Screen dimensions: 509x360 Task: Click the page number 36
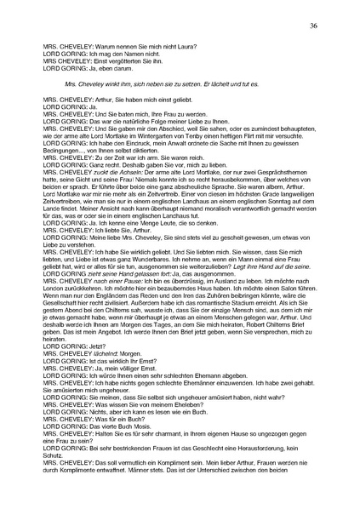(x=313, y=27)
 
